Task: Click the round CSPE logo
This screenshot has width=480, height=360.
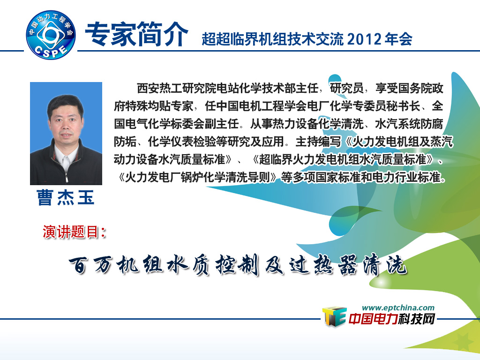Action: pyautogui.click(x=51, y=35)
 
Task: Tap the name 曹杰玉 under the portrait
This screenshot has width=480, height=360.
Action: pyautogui.click(x=66, y=197)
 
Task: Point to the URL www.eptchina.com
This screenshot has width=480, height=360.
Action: pyautogui.click(x=398, y=307)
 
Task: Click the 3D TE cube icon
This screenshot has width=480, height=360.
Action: pyautogui.click(x=334, y=316)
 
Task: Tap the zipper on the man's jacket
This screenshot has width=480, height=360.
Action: pyautogui.click(x=67, y=173)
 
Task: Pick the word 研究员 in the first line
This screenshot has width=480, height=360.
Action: pyautogui.click(x=346, y=89)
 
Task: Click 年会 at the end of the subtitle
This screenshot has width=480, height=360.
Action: pyautogui.click(x=398, y=39)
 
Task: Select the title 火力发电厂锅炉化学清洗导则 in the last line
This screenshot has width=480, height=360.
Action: pyautogui.click(x=197, y=177)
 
